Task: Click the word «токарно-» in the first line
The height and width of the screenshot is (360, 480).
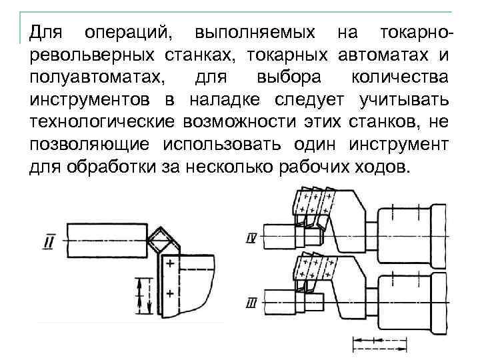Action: click(x=415, y=33)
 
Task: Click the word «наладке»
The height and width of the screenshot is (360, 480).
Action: click(x=223, y=100)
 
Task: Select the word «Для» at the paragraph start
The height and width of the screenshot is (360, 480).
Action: click(x=44, y=33)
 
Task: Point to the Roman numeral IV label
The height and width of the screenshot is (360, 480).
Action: click(x=251, y=237)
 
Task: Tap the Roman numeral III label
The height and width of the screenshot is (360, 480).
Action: click(x=251, y=304)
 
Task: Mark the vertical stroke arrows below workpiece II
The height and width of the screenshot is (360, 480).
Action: click(x=139, y=296)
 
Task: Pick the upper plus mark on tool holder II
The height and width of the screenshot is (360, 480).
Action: click(x=170, y=265)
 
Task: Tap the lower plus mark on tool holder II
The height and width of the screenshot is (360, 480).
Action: click(x=170, y=293)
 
